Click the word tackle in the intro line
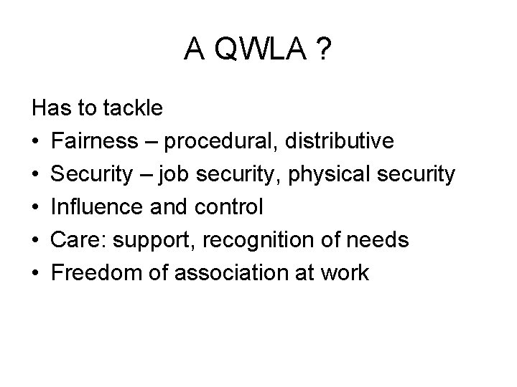tap(134, 108)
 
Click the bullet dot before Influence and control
tap(37, 208)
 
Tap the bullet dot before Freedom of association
tap(37, 274)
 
